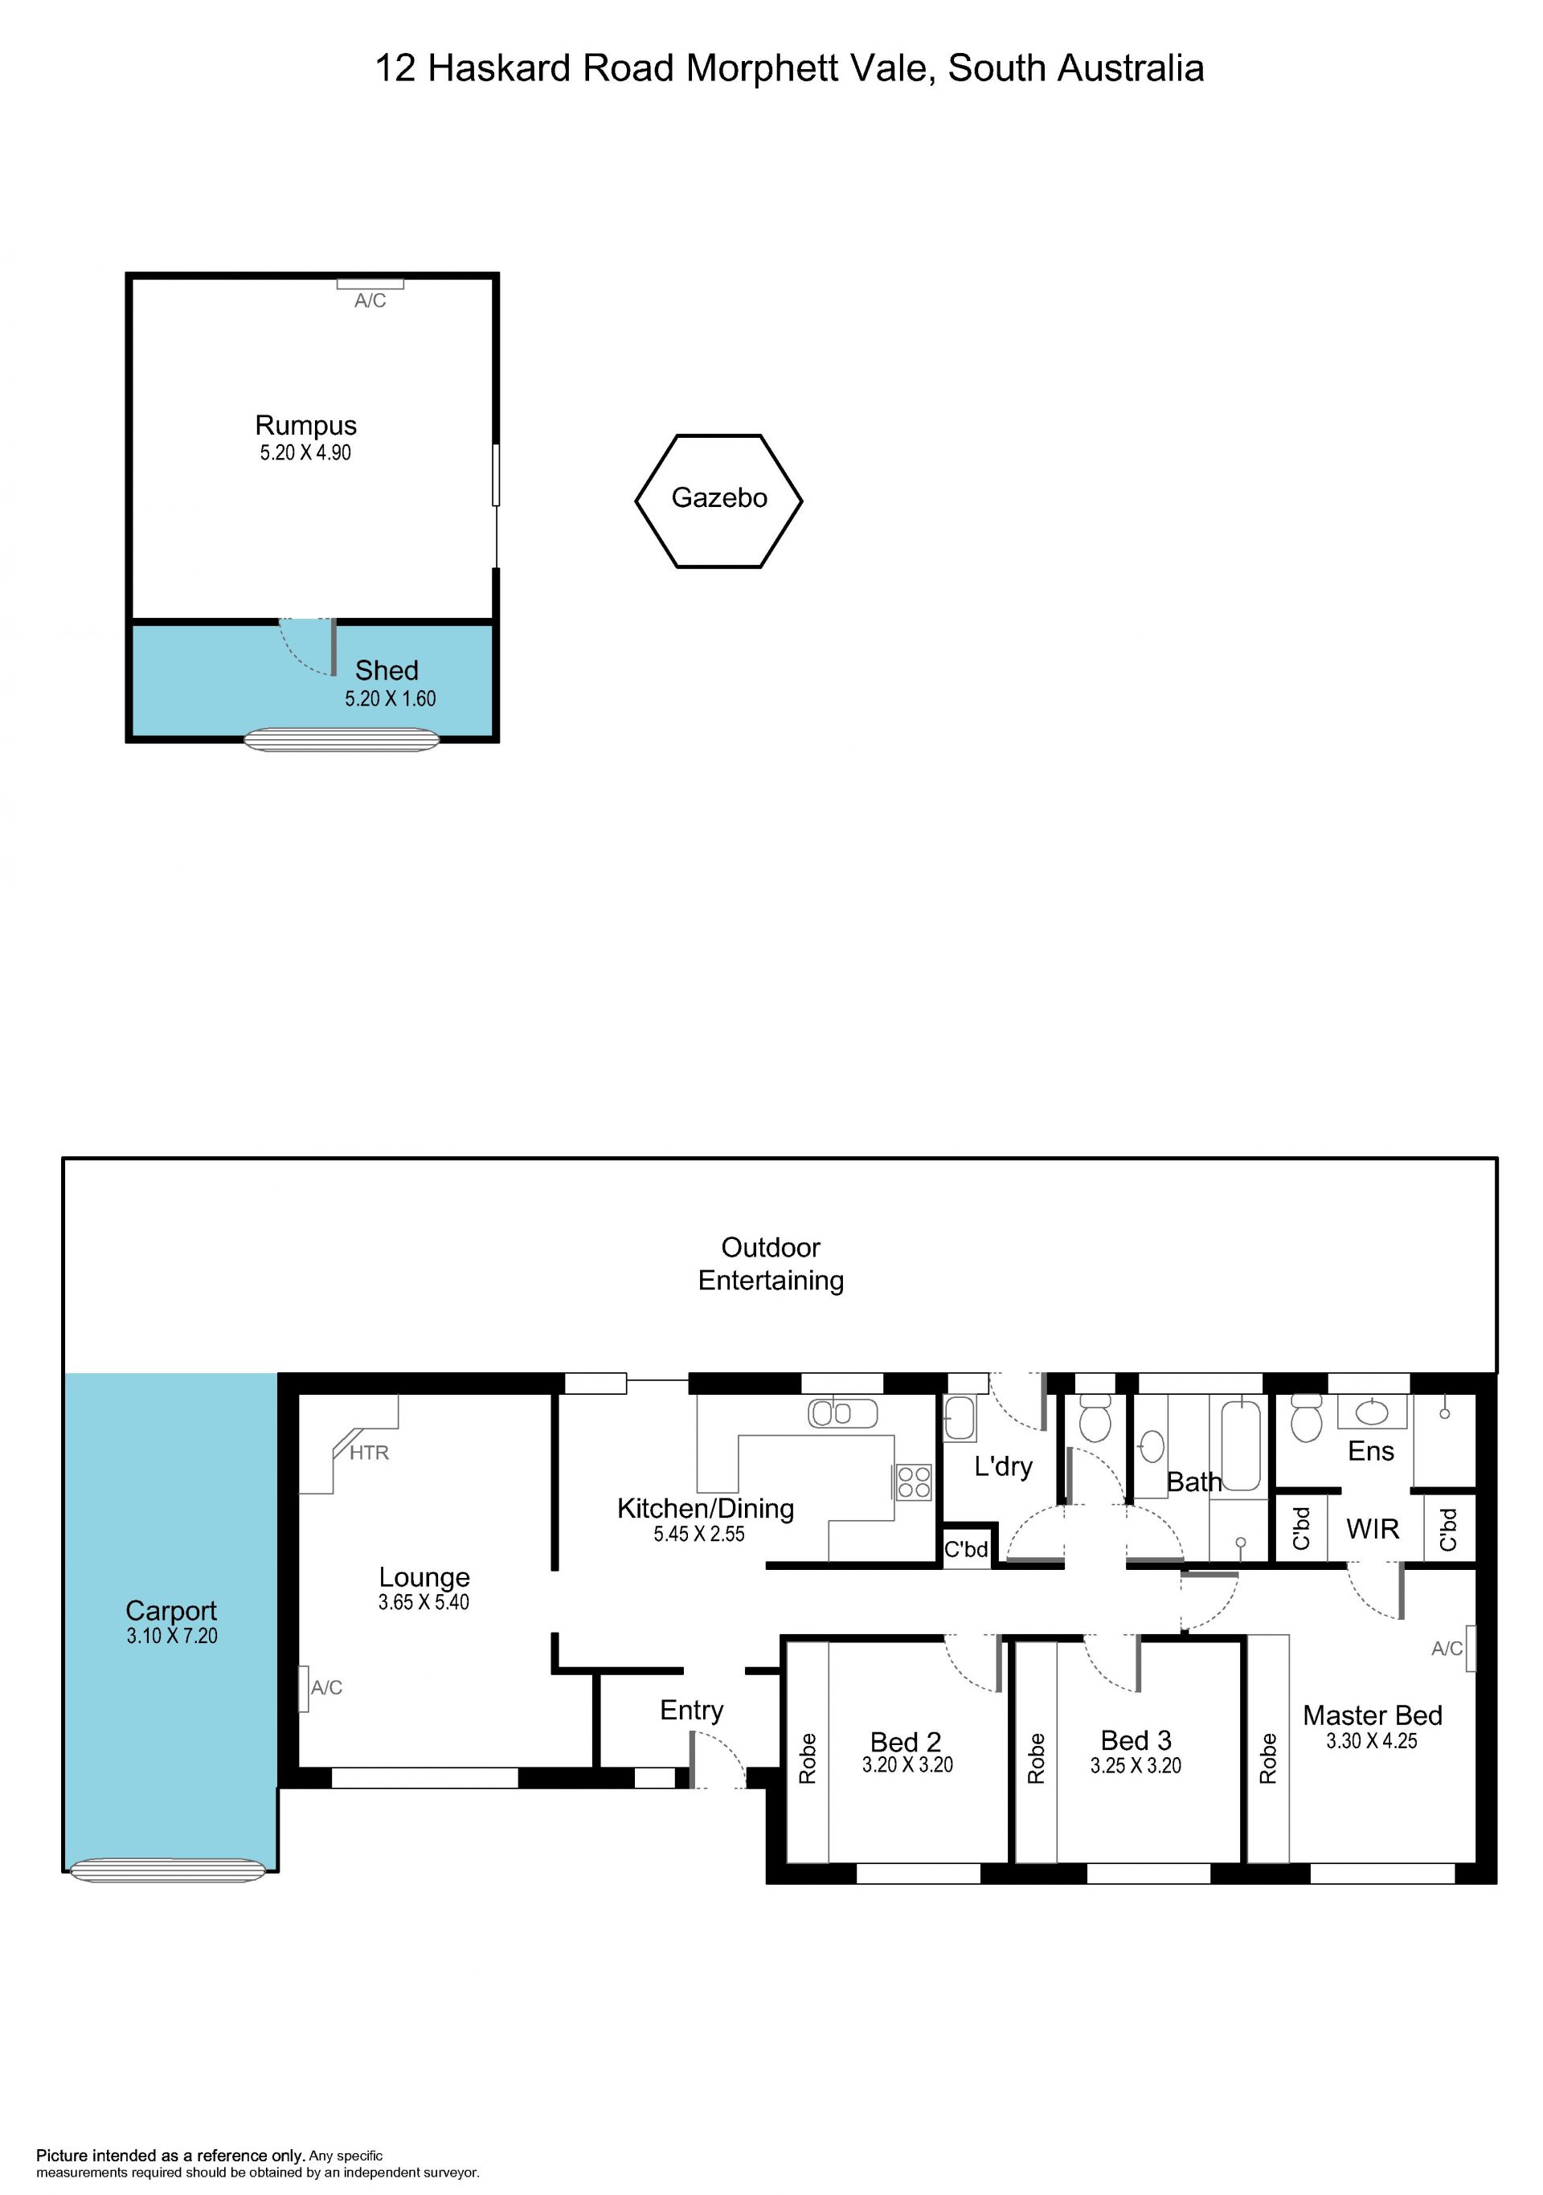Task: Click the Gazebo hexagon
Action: (636, 501)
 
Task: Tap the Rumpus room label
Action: (306, 426)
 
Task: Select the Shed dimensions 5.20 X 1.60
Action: (390, 699)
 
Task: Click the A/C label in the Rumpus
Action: (370, 301)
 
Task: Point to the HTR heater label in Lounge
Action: (369, 1453)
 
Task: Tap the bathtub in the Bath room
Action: (1242, 1444)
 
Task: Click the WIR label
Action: (1373, 1529)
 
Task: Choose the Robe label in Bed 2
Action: (808, 1759)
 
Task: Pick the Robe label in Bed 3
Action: (1037, 1759)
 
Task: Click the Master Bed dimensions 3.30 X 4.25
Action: (1372, 1741)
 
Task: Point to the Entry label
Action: (691, 1711)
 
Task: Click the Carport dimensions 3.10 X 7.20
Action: (172, 1636)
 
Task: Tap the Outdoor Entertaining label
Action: (771, 1264)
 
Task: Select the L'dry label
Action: (1003, 1465)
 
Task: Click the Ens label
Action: (1371, 1451)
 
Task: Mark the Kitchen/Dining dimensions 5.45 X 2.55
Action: (699, 1535)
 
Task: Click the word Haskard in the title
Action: (499, 69)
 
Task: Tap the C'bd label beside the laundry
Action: (965, 1549)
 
